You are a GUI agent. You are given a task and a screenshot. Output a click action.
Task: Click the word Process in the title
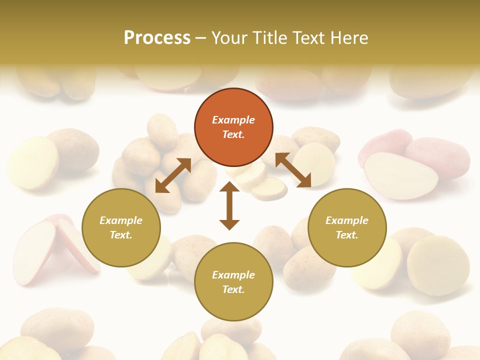tap(157, 37)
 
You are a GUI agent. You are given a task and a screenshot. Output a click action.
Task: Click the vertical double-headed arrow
tap(229, 205)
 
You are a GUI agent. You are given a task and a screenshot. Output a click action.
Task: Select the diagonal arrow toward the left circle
tap(173, 175)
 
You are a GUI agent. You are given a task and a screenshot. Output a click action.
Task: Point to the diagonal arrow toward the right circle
tap(293, 170)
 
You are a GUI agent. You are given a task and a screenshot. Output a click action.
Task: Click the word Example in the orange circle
tap(233, 120)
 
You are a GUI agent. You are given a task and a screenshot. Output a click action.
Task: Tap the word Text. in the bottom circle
tap(233, 289)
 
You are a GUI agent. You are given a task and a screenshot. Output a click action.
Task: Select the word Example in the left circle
tap(121, 220)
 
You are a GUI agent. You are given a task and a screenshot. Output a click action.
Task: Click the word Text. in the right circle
tap(347, 235)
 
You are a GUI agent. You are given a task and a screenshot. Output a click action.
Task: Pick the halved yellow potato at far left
tap(32, 162)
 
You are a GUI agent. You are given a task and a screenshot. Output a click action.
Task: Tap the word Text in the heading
tap(308, 37)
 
